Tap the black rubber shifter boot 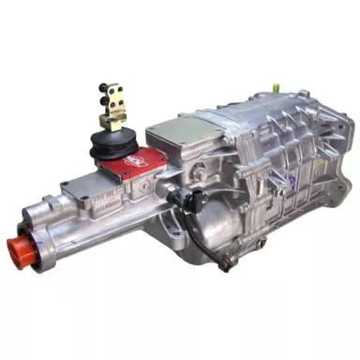pyautogui.click(x=109, y=144)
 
